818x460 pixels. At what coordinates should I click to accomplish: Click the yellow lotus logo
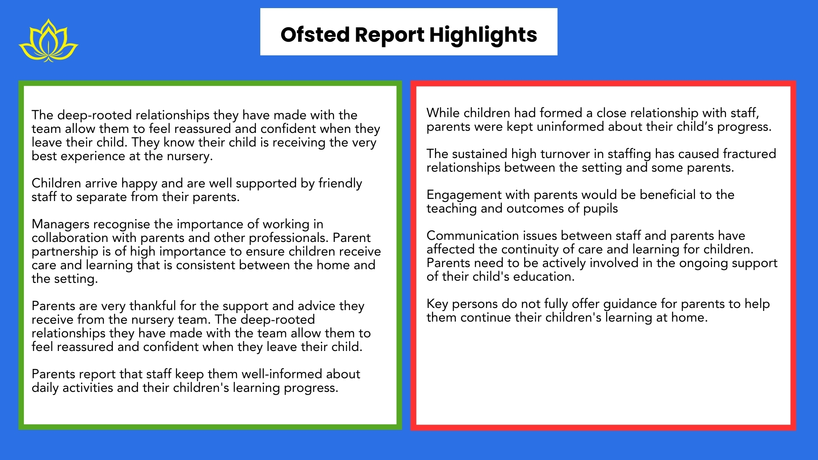tap(48, 41)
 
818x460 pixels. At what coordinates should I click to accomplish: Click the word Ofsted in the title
tap(315, 34)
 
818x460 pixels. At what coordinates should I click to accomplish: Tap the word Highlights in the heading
tap(483, 35)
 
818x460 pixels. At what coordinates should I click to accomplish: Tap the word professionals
tap(286, 238)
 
